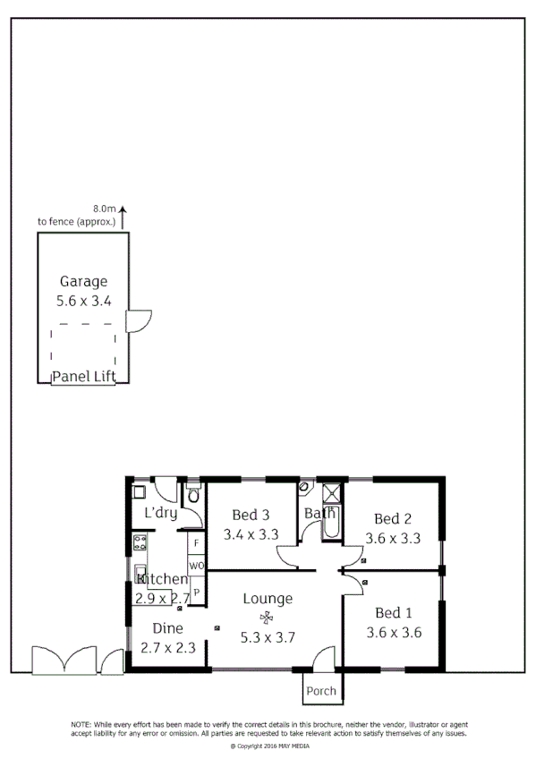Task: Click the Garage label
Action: click(x=83, y=281)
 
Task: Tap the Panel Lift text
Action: click(x=83, y=376)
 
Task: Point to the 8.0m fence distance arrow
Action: click(x=123, y=215)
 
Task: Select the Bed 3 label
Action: click(x=251, y=515)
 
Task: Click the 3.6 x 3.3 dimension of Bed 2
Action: click(x=393, y=539)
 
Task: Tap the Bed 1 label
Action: click(x=393, y=613)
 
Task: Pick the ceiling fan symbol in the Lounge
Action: click(x=266, y=618)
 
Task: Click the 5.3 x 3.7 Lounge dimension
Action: click(x=268, y=637)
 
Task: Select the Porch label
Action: click(x=320, y=691)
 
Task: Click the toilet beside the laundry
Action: click(x=193, y=495)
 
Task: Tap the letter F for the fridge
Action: click(x=196, y=543)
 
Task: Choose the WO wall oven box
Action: click(x=196, y=567)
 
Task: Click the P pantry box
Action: click(x=196, y=592)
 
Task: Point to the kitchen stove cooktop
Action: click(x=140, y=542)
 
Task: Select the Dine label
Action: click(x=166, y=628)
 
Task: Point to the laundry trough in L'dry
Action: click(x=140, y=491)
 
